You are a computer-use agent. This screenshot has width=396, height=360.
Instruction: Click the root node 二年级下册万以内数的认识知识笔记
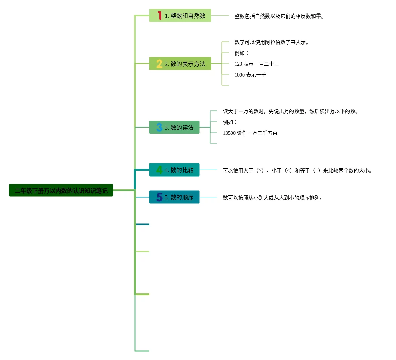tap(61, 190)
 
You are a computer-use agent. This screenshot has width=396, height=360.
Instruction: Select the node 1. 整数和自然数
tap(180, 16)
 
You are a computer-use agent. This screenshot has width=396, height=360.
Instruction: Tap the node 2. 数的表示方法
tap(180, 64)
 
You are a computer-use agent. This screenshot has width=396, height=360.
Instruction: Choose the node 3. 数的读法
tap(174, 128)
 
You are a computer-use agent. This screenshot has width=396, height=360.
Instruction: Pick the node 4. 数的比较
tap(174, 170)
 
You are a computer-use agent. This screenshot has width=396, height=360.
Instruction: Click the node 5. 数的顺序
tap(174, 197)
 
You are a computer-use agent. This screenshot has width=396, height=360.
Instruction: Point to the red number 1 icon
tap(159, 16)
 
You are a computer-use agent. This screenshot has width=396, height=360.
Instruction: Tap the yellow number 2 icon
tap(159, 64)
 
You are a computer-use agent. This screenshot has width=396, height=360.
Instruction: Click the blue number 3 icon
tap(159, 128)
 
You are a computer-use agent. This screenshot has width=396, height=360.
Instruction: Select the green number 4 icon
tap(159, 170)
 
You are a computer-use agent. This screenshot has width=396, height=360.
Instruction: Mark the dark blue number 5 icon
tap(159, 197)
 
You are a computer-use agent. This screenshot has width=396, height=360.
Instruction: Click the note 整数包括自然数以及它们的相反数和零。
tap(279, 16)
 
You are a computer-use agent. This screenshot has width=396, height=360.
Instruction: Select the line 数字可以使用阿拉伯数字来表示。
tap(272, 42)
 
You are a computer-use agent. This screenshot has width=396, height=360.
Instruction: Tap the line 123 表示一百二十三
tap(257, 64)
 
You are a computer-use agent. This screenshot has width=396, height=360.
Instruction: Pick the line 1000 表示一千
tap(250, 75)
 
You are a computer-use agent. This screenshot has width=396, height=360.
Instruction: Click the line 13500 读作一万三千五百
tap(250, 133)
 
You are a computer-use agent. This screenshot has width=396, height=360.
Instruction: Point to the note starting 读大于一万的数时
tap(291, 111)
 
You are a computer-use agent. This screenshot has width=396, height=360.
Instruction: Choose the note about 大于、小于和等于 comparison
tap(298, 170)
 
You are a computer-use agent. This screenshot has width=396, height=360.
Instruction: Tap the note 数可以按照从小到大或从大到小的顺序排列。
tap(273, 198)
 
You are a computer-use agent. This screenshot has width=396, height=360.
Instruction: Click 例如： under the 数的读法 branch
tap(230, 122)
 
